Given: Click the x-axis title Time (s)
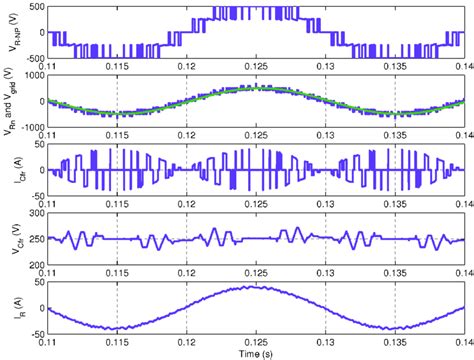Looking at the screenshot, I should [x=257, y=353].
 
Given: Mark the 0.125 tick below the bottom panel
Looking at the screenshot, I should [x=257, y=341].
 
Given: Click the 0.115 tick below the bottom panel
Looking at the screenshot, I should [x=118, y=341].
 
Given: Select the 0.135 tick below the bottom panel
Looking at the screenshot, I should [x=396, y=341].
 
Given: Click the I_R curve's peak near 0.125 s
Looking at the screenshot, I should [x=257, y=288].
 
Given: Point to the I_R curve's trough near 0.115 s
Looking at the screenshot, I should [x=117, y=328].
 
